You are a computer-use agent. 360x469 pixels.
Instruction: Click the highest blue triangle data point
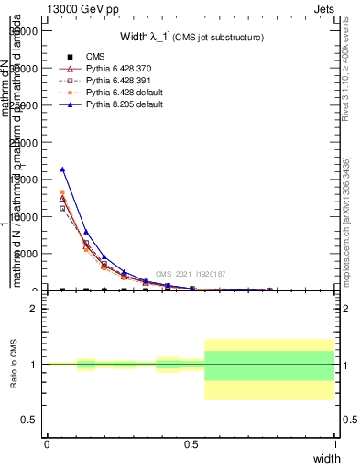pos(62,169)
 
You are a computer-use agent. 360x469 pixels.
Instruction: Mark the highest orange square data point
pos(62,192)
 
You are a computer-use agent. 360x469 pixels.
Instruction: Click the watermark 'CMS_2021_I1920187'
pos(191,274)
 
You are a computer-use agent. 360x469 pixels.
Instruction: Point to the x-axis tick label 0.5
pos(191,443)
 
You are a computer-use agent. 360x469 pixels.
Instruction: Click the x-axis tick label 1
pos(334,443)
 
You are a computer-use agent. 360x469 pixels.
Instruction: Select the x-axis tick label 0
pos(47,443)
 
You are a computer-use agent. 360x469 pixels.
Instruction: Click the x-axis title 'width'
pos(327,458)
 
